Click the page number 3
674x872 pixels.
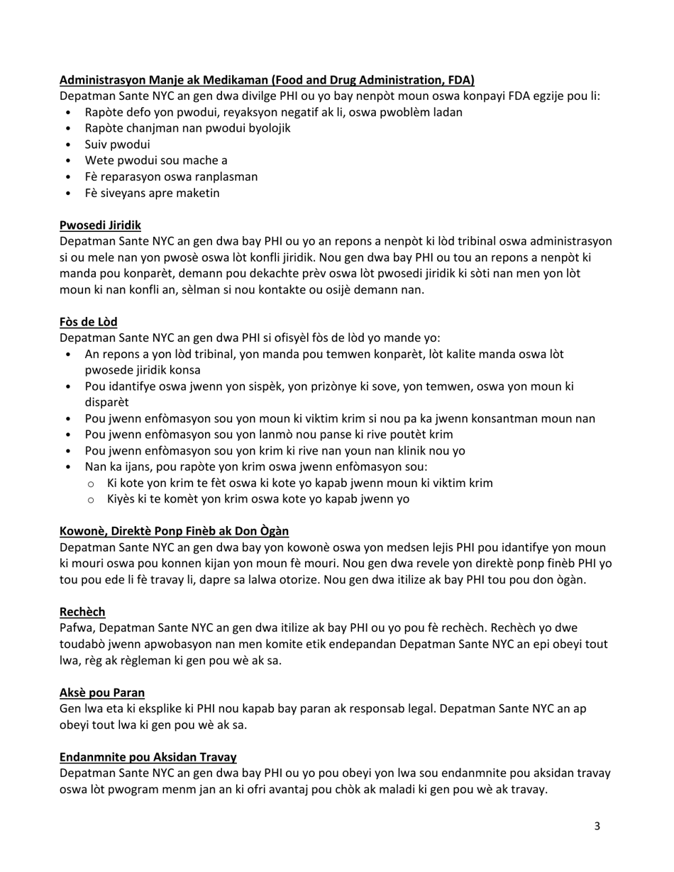597,826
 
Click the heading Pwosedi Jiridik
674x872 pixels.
100,225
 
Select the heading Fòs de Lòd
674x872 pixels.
89,322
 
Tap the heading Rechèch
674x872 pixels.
82,612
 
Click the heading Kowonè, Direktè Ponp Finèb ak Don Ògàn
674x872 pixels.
174,531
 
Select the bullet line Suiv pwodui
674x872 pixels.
117,145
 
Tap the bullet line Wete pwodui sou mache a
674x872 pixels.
156,161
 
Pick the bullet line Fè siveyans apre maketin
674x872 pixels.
152,194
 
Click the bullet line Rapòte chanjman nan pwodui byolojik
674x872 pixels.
187,128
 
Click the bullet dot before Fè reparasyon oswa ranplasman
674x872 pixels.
68,177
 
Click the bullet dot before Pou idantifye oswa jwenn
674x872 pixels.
68,387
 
